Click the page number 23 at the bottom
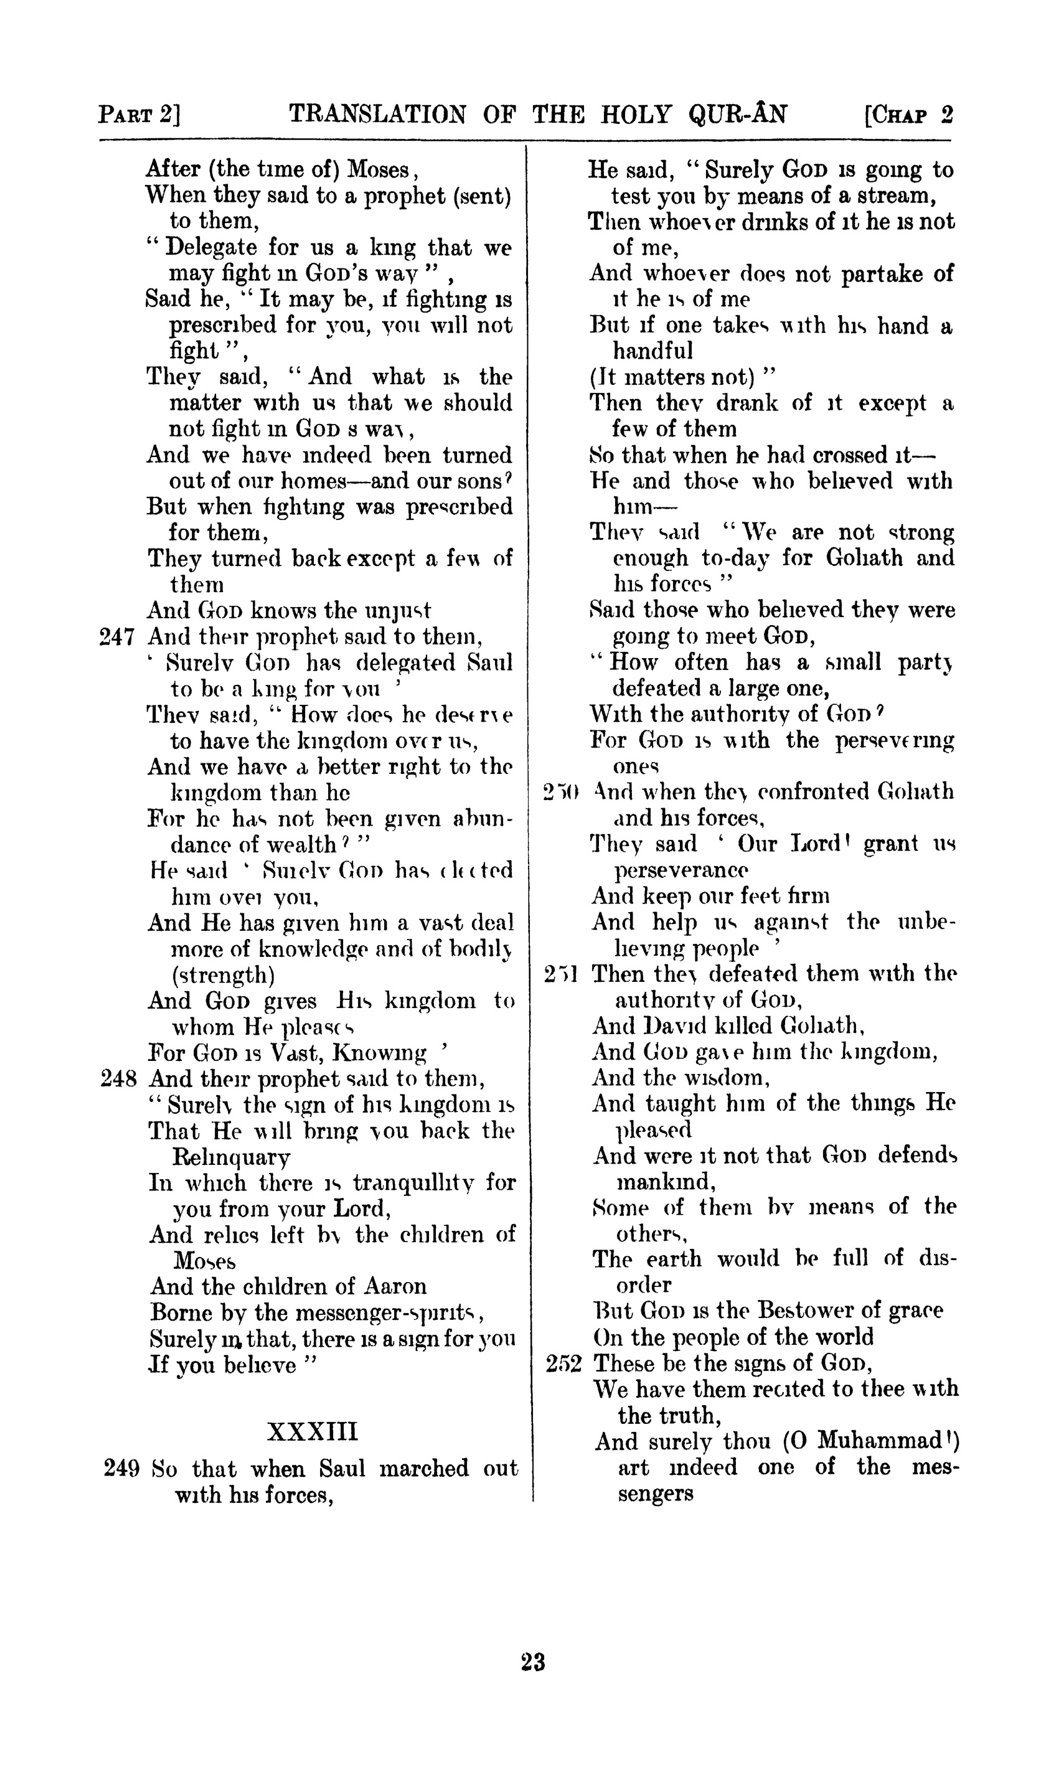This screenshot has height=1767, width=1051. point(532,1662)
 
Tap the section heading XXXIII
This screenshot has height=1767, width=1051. point(313,1431)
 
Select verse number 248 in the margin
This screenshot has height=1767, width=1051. point(118,1080)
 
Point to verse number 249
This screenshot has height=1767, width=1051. point(122,1469)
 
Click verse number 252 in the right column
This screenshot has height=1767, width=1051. point(563,1364)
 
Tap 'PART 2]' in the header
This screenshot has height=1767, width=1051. point(139,114)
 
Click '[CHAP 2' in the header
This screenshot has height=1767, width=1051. point(908,114)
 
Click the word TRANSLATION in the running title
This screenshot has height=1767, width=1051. point(378,114)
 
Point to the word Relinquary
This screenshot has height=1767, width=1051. point(231,1157)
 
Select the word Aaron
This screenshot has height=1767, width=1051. point(395,1286)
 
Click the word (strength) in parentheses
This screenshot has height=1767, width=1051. point(223,975)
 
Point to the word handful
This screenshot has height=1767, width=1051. point(653,351)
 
